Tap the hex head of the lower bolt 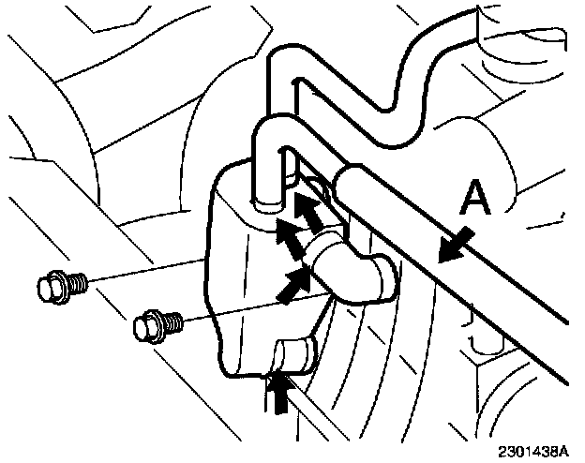(147, 327)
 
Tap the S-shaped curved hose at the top (375, 66)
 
